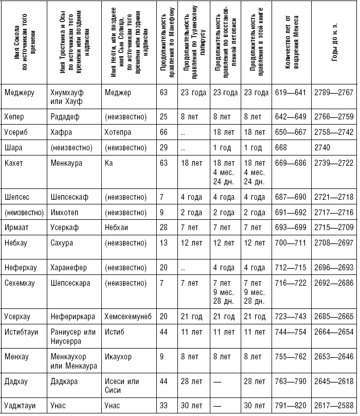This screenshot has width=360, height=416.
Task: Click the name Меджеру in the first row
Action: pyautogui.click(x=19, y=93)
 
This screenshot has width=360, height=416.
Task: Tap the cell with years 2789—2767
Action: pyautogui.click(x=333, y=93)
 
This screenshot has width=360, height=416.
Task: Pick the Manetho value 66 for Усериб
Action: pyautogui.click(x=164, y=133)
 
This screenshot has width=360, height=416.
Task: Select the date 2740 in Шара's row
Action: pyautogui.click(x=322, y=147)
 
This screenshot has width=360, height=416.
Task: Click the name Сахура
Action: pyautogui.click(x=62, y=242)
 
